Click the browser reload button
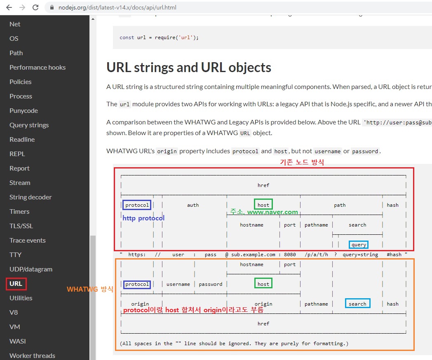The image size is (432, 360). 35,7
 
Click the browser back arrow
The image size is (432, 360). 9,7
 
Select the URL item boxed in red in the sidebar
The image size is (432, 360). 16,283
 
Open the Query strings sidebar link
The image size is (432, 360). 29,125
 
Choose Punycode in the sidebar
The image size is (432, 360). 23,111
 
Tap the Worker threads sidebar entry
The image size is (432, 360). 32,355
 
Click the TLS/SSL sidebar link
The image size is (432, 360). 21,226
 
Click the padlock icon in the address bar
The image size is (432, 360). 52,7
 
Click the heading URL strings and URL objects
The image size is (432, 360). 189,68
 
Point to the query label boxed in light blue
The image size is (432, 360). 359,245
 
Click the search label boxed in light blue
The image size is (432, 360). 357,304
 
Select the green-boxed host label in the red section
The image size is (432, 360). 263,205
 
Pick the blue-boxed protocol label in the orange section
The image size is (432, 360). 137,284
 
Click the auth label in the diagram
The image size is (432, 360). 193,205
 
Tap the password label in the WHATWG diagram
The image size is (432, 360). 211,284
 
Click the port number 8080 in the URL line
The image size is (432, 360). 290,255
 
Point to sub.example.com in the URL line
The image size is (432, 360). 253,255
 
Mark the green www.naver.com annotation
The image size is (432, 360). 272,212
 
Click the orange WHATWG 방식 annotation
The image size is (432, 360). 90,289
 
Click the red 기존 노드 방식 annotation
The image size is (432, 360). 302,162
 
